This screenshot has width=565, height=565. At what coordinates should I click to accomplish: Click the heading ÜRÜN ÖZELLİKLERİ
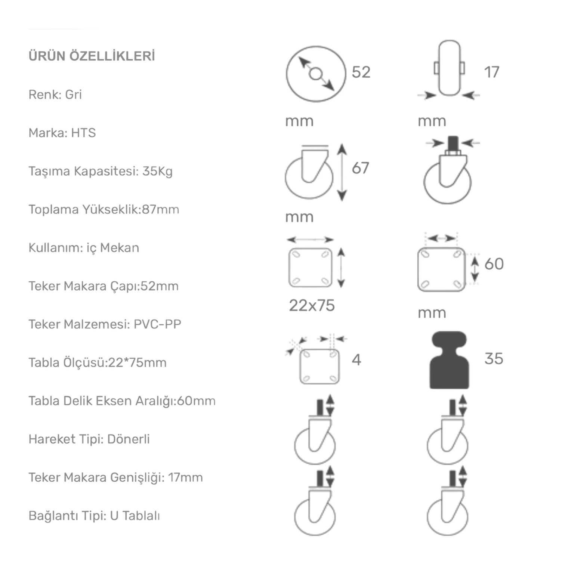(x=92, y=56)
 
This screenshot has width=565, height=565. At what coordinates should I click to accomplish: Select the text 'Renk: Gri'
(x=55, y=95)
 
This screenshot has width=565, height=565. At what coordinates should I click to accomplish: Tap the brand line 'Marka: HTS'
(x=62, y=133)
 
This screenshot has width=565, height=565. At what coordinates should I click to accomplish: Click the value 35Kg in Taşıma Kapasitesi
(x=157, y=171)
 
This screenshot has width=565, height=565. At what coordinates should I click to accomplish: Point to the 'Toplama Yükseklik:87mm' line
(x=104, y=209)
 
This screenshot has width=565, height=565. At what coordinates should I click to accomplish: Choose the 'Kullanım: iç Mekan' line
(x=84, y=248)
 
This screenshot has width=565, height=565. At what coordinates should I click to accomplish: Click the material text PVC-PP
(x=157, y=324)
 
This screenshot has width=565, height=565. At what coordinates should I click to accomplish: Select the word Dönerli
(x=128, y=439)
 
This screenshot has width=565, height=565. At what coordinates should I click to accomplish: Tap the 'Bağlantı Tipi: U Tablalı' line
(x=94, y=516)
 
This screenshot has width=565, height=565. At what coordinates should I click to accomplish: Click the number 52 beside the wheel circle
(x=361, y=72)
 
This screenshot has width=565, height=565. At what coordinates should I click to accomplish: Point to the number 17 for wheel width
(x=491, y=72)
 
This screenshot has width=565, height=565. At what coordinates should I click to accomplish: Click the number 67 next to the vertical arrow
(x=360, y=168)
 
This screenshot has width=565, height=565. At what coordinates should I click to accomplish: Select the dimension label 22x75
(x=312, y=305)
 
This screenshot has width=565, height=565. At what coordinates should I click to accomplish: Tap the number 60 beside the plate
(x=494, y=264)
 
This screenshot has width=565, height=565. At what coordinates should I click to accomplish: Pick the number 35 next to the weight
(x=494, y=359)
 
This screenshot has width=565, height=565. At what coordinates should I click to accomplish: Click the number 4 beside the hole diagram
(x=356, y=360)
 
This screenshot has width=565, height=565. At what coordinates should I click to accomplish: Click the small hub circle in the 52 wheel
(x=316, y=74)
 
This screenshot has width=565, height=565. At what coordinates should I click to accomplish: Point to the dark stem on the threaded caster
(x=453, y=143)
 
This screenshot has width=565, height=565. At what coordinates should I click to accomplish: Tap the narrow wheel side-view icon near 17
(x=449, y=68)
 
